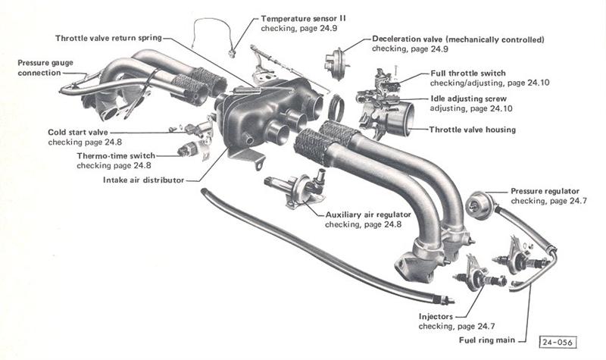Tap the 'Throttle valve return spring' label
click(112, 38)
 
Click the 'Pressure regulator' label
click(545, 192)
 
